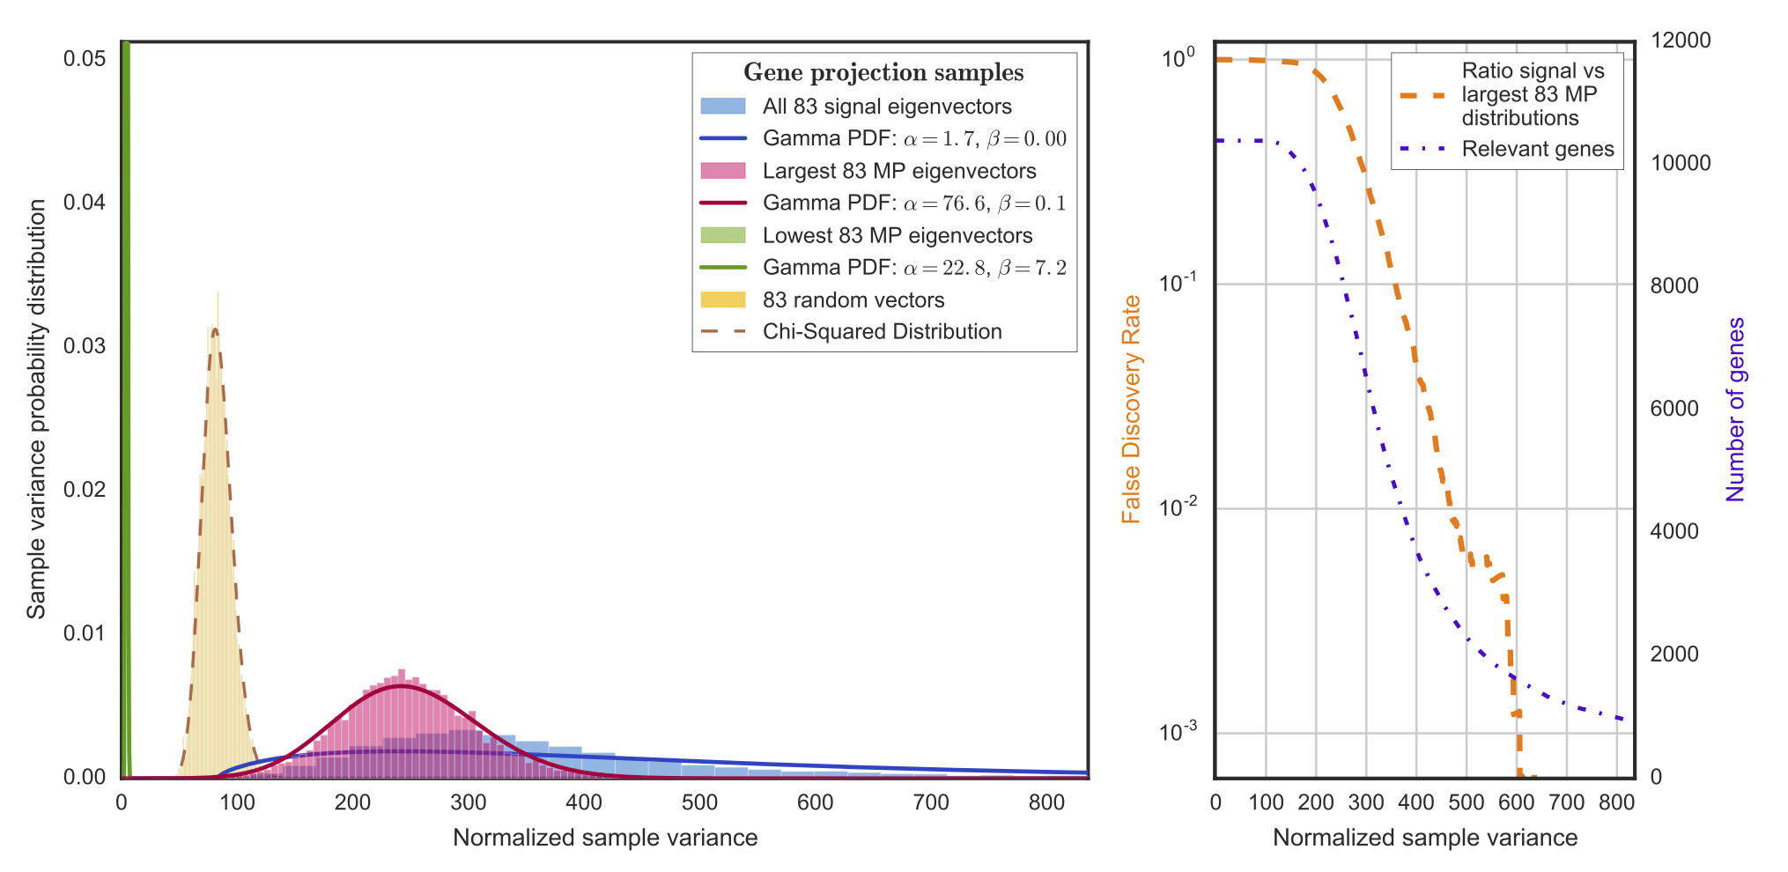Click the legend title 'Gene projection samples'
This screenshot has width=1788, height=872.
883,72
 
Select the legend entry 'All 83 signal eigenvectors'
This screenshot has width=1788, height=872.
887,107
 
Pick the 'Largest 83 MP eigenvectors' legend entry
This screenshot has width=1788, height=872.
898,171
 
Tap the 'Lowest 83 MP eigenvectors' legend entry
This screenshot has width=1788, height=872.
897,235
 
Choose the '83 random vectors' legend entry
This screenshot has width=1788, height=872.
853,300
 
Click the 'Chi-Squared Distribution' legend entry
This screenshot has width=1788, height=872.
882,332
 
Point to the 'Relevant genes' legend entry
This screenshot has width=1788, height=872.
1537,149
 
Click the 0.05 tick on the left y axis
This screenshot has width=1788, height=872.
85,58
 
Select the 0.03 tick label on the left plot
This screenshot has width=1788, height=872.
85,345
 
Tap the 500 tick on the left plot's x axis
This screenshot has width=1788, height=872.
699,802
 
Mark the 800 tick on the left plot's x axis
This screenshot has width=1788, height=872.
1046,802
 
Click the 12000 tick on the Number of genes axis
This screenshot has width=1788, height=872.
1680,41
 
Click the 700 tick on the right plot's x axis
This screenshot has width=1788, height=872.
1567,802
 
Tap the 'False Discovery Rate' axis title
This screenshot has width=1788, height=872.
1131,410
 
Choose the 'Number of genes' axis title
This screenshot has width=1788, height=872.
1735,410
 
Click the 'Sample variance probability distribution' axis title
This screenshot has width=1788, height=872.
36,410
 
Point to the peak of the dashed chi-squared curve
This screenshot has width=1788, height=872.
214,329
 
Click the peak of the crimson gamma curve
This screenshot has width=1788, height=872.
401,685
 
